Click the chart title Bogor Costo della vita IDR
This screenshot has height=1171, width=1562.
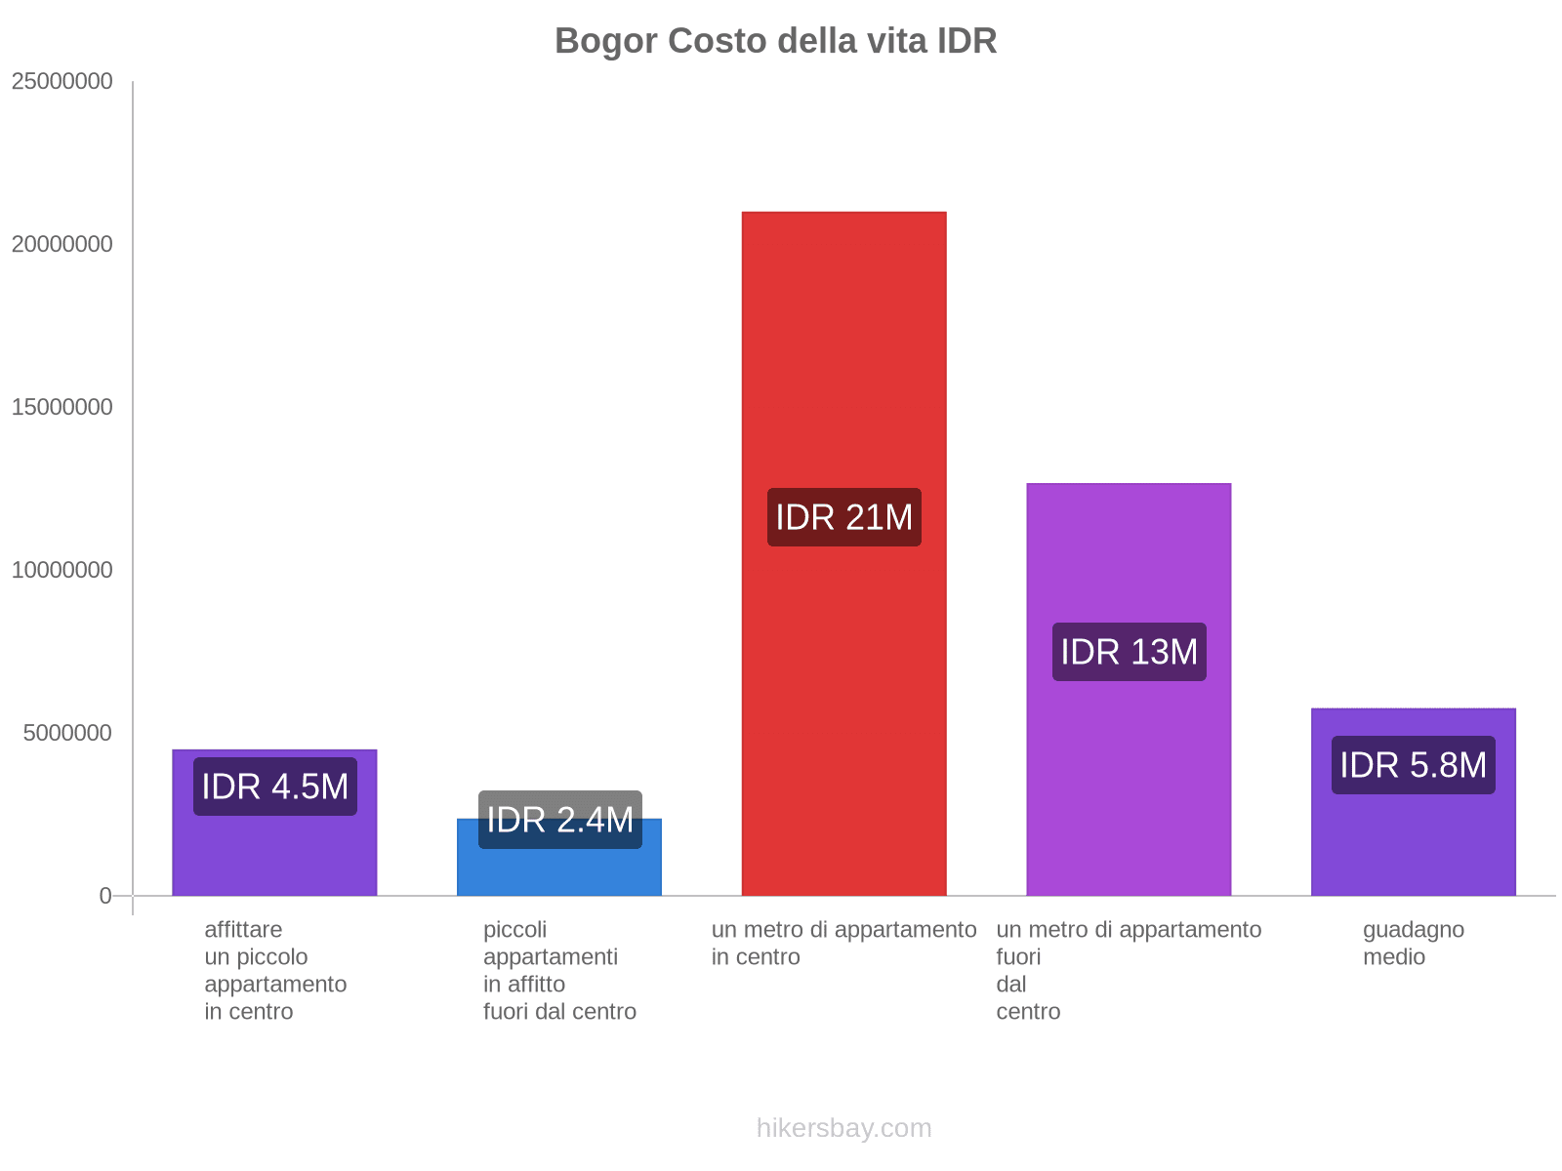[775, 41]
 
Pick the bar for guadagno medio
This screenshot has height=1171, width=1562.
[1413, 839]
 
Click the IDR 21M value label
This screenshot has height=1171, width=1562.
[843, 517]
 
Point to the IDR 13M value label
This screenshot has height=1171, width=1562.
[1129, 652]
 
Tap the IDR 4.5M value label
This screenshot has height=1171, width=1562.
[274, 787]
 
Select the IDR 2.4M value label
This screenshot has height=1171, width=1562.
[559, 820]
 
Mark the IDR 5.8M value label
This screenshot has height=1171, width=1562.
[1413, 765]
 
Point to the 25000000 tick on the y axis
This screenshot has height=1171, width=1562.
[62, 81]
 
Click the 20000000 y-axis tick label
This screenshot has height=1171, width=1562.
[62, 244]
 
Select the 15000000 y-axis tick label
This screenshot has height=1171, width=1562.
[62, 407]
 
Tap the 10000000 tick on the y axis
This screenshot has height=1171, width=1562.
[62, 570]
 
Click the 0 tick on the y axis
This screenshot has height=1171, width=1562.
[105, 896]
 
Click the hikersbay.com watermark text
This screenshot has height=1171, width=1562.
[843, 1128]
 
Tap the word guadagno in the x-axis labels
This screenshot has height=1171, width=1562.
[1413, 930]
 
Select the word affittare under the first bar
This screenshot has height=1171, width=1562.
[243, 930]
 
